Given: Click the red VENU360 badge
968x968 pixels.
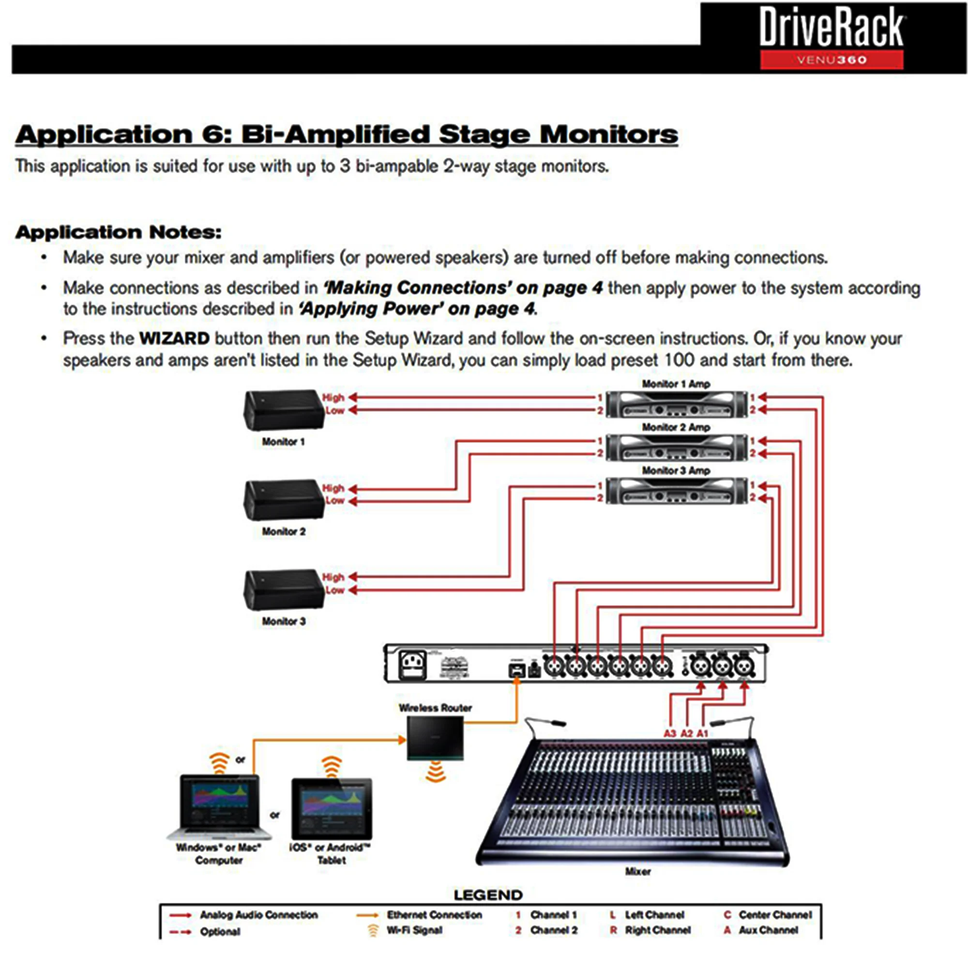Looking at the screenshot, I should coord(831,60).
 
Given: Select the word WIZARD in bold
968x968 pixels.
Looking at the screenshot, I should coord(174,338).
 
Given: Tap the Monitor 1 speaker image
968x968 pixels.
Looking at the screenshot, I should coord(284,410).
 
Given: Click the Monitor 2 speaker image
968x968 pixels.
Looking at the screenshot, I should coord(284,500).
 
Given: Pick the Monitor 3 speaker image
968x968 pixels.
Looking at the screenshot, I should coord(284,590).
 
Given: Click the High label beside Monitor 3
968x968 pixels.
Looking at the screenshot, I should coord(333,577).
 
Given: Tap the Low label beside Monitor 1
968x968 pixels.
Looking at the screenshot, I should coord(335,411).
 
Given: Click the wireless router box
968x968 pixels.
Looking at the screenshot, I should coord(435,738).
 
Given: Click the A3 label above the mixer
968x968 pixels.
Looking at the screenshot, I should coord(670,734).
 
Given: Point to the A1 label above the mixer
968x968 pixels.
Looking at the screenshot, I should coord(702,734).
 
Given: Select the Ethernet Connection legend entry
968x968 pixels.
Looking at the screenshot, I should coord(434,915).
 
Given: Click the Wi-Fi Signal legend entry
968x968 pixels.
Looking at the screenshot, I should coord(414,930).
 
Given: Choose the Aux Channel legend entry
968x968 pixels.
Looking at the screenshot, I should coord(768,930).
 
